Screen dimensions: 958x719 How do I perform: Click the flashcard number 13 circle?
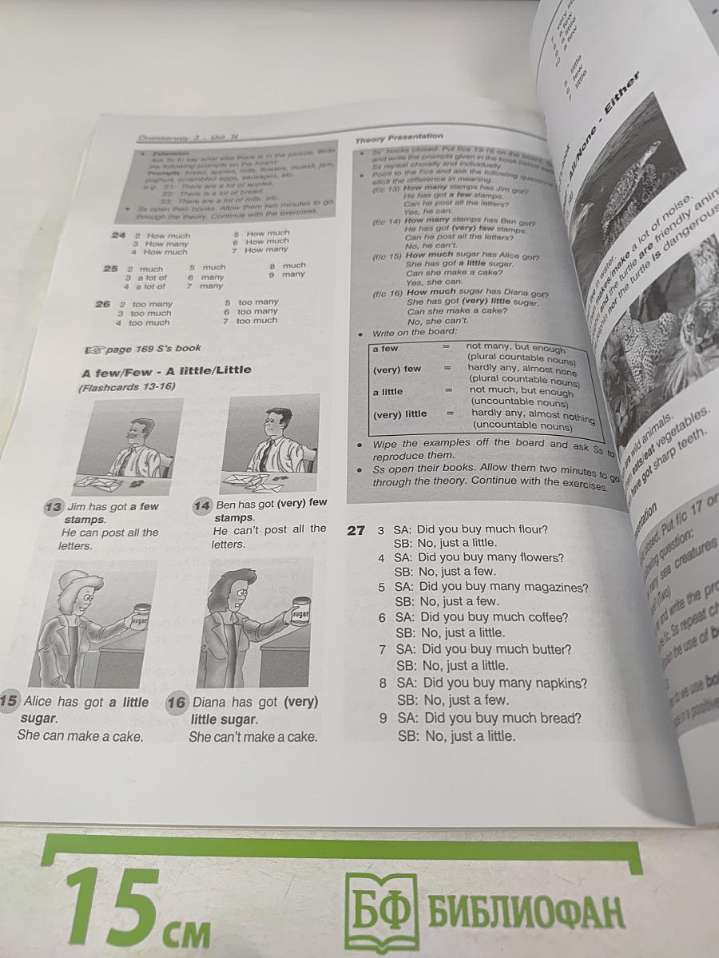pos(54,506)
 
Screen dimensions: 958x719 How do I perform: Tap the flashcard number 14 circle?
pos(201,505)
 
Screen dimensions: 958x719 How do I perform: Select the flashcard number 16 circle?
pos(177,703)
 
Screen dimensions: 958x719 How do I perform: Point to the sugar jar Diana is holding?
pos(300,616)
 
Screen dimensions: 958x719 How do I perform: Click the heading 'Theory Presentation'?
pos(399,137)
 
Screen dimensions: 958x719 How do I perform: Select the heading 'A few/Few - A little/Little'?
pos(166,370)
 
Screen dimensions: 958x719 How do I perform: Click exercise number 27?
pos(356,529)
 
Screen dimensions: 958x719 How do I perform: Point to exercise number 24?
pos(119,235)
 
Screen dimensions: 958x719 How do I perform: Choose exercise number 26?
pos(102,304)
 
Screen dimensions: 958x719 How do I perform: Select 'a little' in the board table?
pos(387,391)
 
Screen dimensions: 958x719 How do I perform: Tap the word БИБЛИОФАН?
pos(527,909)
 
